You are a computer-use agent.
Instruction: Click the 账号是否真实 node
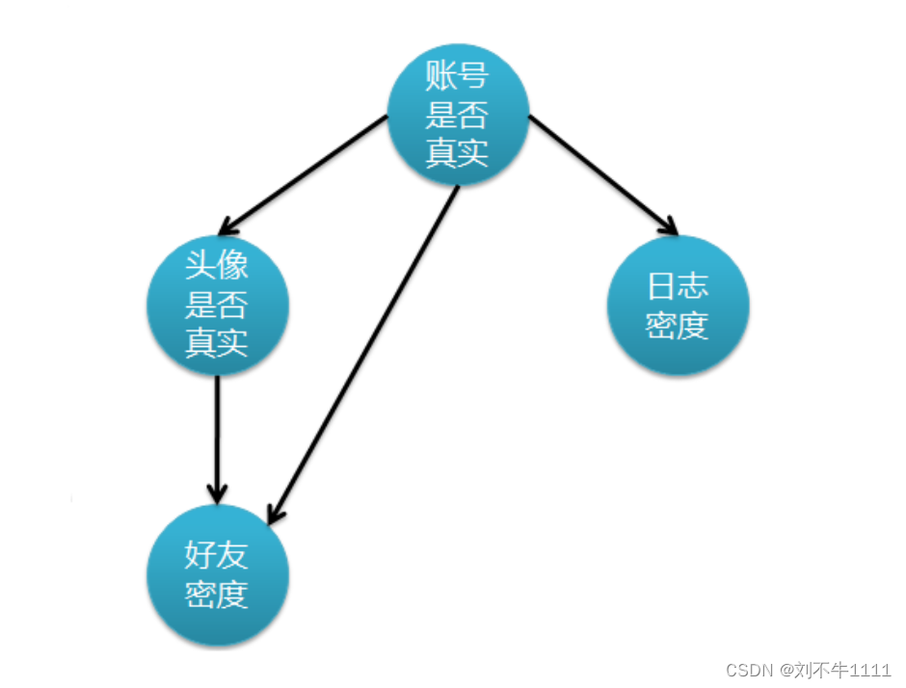pos(458,114)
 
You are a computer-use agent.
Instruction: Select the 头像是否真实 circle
pos(217,304)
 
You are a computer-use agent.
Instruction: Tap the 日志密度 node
pos(678,304)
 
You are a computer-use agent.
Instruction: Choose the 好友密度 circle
pos(217,574)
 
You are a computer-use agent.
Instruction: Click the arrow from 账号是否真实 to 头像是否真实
pos(304,174)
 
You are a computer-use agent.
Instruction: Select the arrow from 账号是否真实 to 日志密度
pos(602,174)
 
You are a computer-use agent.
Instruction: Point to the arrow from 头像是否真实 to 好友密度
pos(217,434)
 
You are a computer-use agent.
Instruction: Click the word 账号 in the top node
pos(458,75)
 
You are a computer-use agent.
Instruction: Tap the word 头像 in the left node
pos(217,266)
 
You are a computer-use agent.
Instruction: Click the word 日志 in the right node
pos(678,287)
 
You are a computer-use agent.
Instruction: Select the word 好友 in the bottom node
pos(217,556)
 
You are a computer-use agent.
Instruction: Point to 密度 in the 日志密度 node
pos(678,326)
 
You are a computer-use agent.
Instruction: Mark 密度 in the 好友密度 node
pos(217,594)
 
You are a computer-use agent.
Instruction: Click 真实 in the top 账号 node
pos(458,152)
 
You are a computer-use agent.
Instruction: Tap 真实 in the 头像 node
pos(217,343)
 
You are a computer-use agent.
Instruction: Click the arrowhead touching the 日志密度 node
pos(667,226)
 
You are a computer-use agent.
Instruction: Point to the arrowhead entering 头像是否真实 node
pos(229,225)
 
